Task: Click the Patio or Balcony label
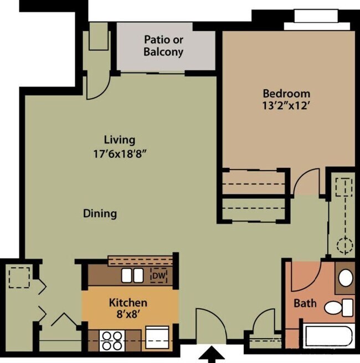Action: (163, 46)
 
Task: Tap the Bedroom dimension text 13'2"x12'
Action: (286, 105)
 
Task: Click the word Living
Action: (119, 140)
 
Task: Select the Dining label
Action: (100, 213)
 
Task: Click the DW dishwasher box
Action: (159, 274)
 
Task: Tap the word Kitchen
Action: (128, 303)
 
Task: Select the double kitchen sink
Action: (133, 275)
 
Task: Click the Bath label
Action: (305, 303)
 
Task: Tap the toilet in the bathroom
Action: (338, 306)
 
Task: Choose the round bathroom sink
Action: (346, 277)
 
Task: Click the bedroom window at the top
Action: (317, 20)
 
